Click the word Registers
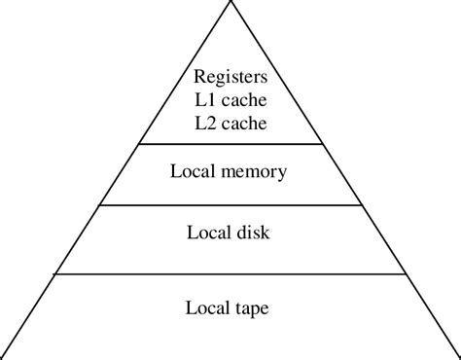point(230,77)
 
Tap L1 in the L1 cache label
point(206,100)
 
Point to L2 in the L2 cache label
point(206,124)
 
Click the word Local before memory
point(195,172)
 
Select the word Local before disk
point(207,233)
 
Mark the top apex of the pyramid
point(230,2)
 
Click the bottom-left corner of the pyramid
point(3,356)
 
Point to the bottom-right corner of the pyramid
point(458,356)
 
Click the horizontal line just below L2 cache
point(230,145)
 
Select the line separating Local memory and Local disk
point(230,205)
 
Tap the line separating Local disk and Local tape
point(230,274)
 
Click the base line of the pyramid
point(230,356)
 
